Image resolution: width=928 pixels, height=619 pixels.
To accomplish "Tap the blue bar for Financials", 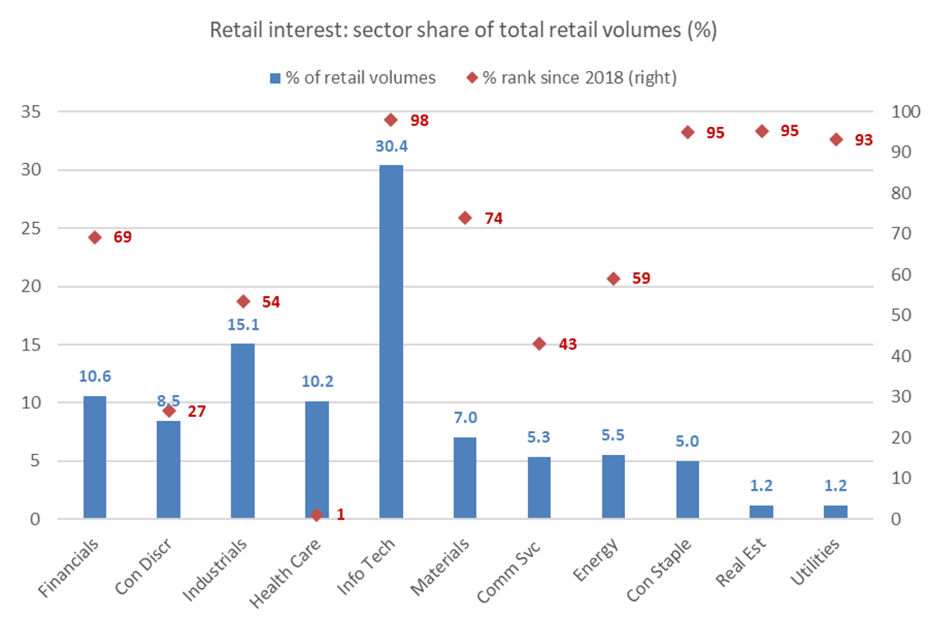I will coord(94,457).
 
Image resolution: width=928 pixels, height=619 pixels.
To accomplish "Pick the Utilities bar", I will coord(836,512).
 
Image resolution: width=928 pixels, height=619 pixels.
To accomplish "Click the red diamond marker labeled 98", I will coord(391,120).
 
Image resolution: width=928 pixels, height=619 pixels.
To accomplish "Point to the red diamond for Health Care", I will coord(316,515).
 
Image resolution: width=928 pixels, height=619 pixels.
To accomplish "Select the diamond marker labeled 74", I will coord(465,218).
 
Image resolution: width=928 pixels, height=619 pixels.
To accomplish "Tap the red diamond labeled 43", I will coord(539,344).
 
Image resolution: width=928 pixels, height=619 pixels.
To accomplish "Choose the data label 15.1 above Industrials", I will coord(243,325).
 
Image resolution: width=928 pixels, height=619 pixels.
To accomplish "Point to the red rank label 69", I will coord(122,237).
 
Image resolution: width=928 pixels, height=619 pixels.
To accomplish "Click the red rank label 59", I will coord(641,279).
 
